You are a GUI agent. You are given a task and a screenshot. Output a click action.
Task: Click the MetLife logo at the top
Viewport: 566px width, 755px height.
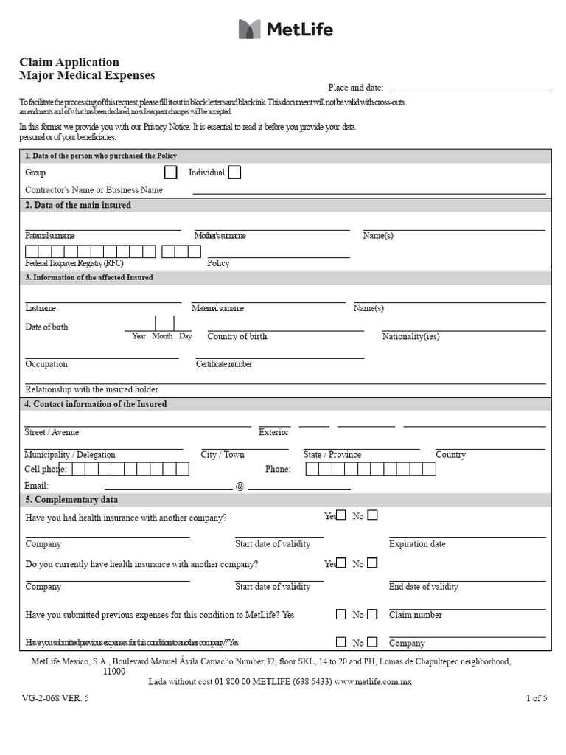[x=286, y=29]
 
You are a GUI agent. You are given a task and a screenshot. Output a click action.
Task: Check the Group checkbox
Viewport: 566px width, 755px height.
[x=170, y=173]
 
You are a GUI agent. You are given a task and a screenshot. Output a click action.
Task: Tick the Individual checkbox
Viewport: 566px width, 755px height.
[x=234, y=173]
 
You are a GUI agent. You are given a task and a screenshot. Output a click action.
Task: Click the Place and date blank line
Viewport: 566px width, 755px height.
[x=470, y=88]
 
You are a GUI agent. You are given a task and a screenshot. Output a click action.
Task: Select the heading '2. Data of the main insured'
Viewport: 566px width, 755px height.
[x=78, y=206]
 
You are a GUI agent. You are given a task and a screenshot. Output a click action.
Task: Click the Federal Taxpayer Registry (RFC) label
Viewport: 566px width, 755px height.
[x=74, y=263]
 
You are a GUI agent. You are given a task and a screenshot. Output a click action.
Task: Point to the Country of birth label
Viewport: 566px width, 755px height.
[x=237, y=337]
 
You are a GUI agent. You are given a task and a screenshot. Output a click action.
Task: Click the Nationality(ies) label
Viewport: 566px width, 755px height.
[x=410, y=337]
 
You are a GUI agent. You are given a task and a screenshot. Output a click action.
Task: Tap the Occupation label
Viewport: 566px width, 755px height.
[x=46, y=364]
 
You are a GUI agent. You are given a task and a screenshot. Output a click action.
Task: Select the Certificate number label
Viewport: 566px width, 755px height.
[x=224, y=364]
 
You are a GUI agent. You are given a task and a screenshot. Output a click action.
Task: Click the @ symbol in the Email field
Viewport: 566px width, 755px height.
[x=240, y=487]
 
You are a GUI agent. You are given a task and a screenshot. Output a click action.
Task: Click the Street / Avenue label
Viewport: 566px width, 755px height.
[x=52, y=432]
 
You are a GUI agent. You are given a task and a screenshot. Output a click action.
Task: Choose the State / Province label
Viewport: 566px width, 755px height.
[x=332, y=455]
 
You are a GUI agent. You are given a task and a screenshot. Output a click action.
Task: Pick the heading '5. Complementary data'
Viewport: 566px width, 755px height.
[x=71, y=500]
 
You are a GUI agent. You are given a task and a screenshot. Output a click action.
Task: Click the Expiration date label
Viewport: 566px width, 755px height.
[x=417, y=544]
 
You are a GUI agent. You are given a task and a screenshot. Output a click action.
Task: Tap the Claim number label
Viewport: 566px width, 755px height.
[x=416, y=615]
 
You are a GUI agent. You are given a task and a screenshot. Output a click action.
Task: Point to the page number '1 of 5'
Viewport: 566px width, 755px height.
[x=536, y=698]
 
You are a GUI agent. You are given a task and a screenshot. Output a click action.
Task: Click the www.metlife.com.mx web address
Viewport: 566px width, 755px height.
[x=373, y=682]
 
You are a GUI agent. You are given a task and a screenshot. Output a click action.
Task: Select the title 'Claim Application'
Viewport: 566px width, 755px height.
[x=69, y=63]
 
